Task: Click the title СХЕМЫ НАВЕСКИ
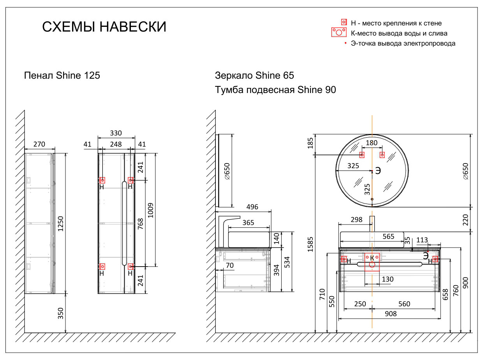click(x=104, y=27)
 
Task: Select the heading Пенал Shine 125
click(x=62, y=76)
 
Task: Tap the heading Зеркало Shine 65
click(x=254, y=76)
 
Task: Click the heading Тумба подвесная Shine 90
click(x=275, y=90)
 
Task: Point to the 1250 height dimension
click(x=61, y=223)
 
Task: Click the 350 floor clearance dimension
click(x=61, y=313)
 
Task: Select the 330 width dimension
click(x=116, y=133)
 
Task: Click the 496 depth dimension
click(x=252, y=207)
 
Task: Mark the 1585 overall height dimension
click(x=310, y=244)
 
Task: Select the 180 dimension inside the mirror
click(x=372, y=143)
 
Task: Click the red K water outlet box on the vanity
click(x=372, y=261)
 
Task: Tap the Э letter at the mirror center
click(x=378, y=170)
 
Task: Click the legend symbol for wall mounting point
click(x=344, y=22)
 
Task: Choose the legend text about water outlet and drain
click(x=399, y=33)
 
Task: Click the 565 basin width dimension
click(x=388, y=237)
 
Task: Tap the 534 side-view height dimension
click(x=287, y=262)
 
